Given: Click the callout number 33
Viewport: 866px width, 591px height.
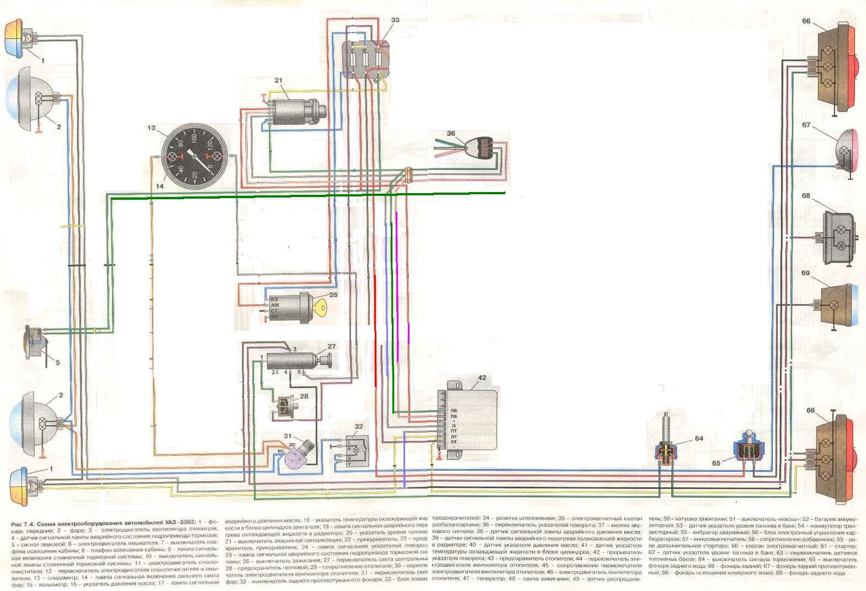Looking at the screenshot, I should [x=395, y=20].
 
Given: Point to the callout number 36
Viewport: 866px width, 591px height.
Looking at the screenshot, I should [x=451, y=134].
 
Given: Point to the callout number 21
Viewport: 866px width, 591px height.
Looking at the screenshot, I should [x=278, y=81].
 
